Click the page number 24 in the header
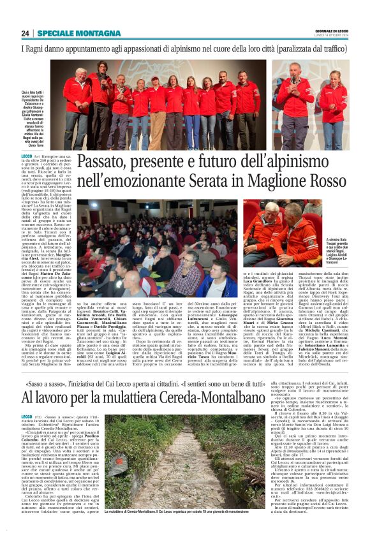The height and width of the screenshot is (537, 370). pyautogui.click(x=26, y=33)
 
